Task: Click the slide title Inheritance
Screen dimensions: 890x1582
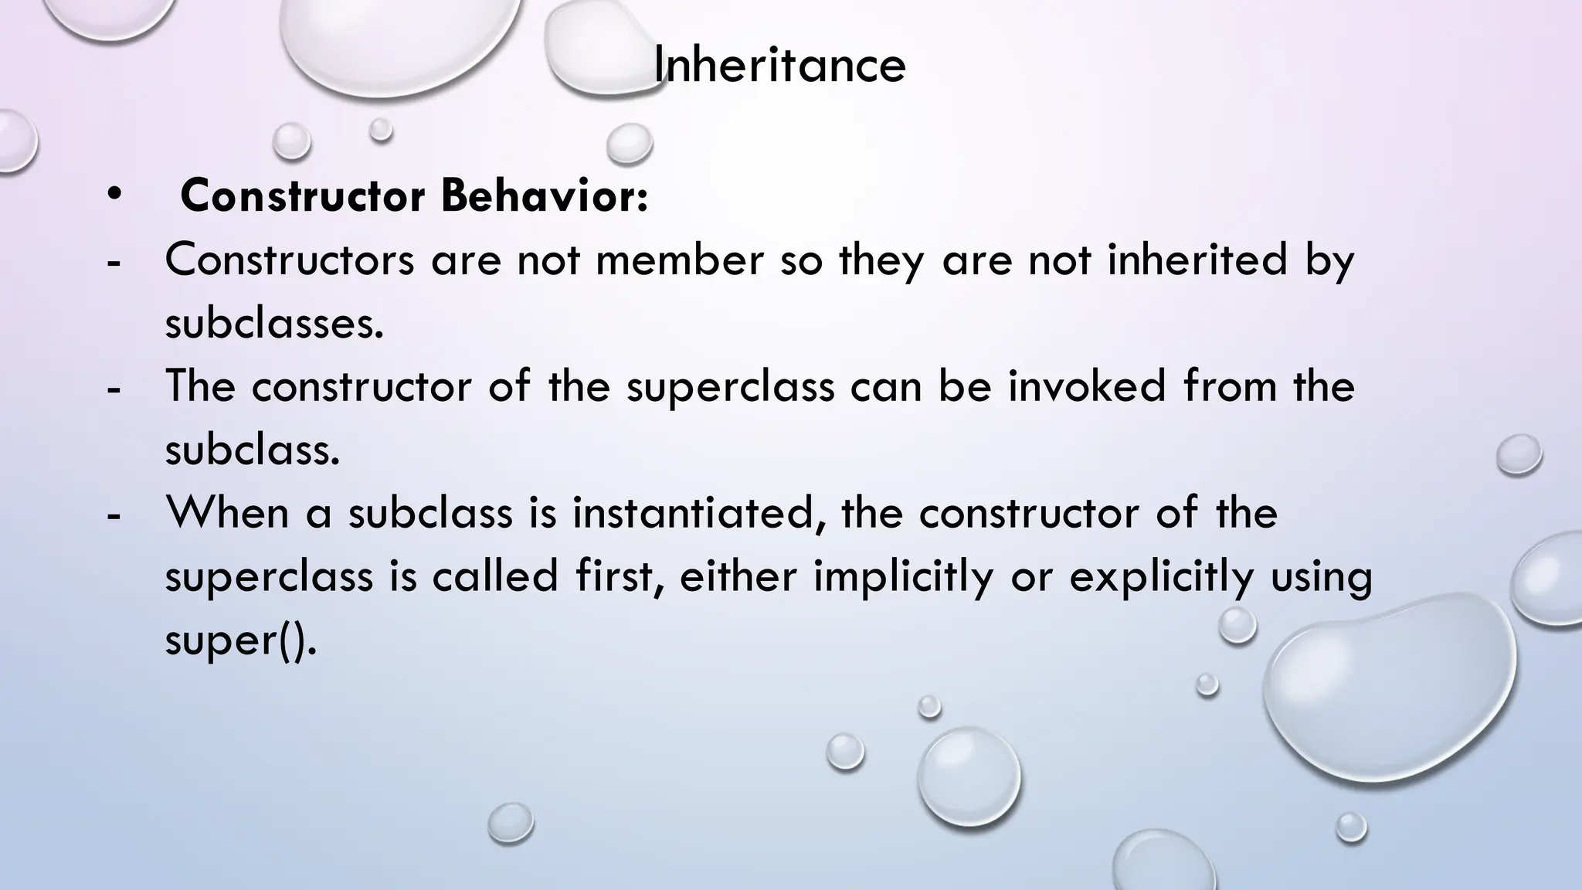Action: (779, 65)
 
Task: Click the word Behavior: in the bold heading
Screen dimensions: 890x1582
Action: (545, 196)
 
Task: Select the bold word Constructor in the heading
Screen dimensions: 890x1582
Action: (302, 196)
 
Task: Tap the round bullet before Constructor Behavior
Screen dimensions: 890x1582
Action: (115, 194)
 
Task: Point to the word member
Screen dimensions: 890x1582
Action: (679, 260)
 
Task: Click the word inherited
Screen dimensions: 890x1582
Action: (1197, 260)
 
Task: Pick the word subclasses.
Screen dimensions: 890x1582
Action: (274, 323)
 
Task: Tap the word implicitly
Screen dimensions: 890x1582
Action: (903, 577)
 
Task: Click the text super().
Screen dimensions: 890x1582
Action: (240, 640)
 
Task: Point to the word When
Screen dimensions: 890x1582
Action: (227, 513)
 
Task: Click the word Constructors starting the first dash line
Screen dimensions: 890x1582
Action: (290, 260)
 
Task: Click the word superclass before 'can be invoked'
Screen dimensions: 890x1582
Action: (730, 387)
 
